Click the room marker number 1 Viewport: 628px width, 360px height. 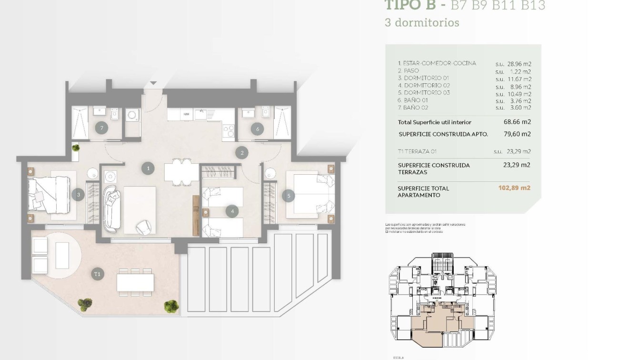pos(148,168)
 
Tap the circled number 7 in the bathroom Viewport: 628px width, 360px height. pos(100,128)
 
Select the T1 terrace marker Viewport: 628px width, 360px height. pos(98,274)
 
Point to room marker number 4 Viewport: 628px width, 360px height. pos(232,211)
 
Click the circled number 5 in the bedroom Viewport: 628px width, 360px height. pos(288,195)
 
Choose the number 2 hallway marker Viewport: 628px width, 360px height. pos(242,152)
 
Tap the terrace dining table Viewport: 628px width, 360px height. pos(135,282)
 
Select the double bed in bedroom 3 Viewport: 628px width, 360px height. pos(49,195)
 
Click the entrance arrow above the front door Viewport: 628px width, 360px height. pos(153,83)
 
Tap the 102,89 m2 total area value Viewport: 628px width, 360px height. pos(514,188)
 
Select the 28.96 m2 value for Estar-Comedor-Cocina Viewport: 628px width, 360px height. pos(519,64)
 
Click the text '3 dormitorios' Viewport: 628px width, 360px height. pos(422,22)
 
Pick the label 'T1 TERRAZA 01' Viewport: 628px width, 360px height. pos(417,151)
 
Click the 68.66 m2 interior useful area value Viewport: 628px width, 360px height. pos(517,122)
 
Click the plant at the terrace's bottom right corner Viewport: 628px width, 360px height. pos(170,306)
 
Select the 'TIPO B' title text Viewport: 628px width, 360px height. pos(409,5)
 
